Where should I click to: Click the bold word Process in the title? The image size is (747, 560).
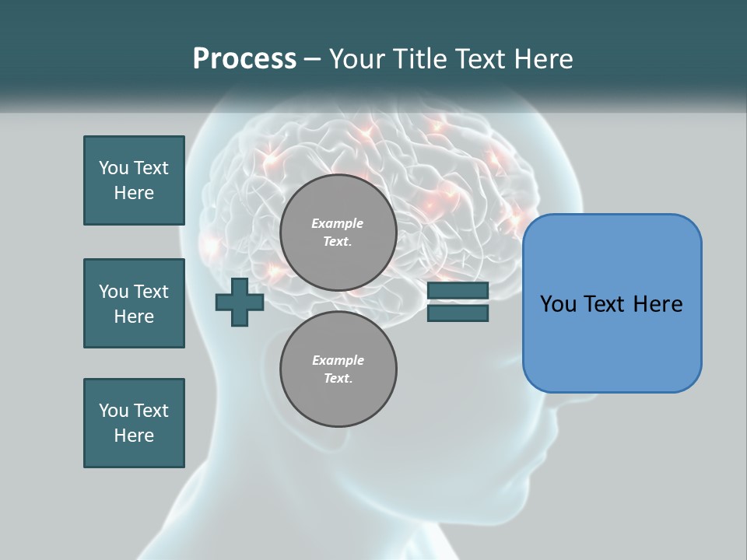pos(244,59)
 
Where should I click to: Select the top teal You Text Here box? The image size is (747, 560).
pos(134,180)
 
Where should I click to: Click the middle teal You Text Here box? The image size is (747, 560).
pos(134,303)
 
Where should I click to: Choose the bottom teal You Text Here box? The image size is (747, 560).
pos(134,423)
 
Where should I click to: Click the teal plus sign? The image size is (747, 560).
pos(240,302)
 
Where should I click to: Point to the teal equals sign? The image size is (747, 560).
pos(458,302)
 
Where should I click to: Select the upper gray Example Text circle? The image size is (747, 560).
pos(338,233)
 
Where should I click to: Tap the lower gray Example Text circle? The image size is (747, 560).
pos(338,369)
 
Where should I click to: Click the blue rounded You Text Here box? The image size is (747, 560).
pos(612,303)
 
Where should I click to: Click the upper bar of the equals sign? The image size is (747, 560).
pos(458,291)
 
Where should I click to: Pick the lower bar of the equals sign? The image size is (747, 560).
pos(458,313)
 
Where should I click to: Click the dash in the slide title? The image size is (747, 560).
pos(313,60)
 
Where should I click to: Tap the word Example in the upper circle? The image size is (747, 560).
pos(338,223)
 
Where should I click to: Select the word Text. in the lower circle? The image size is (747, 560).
pos(338,379)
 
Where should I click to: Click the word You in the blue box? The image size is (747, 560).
pos(557,304)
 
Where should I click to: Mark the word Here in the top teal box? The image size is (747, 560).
pos(134,193)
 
